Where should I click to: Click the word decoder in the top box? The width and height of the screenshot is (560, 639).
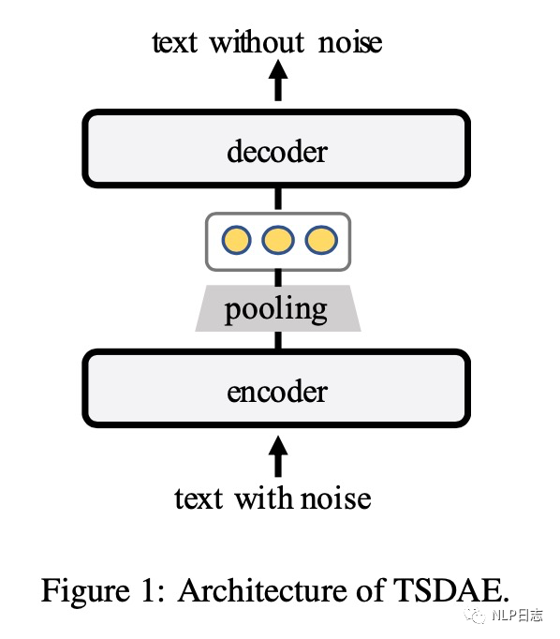pyautogui.click(x=277, y=151)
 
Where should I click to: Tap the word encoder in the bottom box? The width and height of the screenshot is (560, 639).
pyautogui.click(x=277, y=392)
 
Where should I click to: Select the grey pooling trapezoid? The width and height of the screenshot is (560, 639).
pyautogui.click(x=278, y=308)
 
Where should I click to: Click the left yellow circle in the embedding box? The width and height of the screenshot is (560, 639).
pyautogui.click(x=236, y=240)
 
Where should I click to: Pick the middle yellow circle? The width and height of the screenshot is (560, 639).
pyautogui.click(x=278, y=240)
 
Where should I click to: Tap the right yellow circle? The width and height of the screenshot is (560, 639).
pyautogui.click(x=321, y=240)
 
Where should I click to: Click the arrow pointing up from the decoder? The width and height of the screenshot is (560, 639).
pyautogui.click(x=278, y=81)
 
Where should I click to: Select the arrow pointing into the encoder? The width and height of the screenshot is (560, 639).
pyautogui.click(x=278, y=456)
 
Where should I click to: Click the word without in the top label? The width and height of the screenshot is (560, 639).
pyautogui.click(x=257, y=41)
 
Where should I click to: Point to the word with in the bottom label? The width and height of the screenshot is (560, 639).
pyautogui.click(x=266, y=498)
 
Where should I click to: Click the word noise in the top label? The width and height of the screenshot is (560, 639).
pyautogui.click(x=350, y=42)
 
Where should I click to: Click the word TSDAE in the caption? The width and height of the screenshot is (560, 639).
pyautogui.click(x=450, y=590)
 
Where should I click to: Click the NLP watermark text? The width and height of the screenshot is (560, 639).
pyautogui.click(x=517, y=615)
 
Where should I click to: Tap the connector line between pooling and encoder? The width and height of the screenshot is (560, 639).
pyautogui.click(x=278, y=341)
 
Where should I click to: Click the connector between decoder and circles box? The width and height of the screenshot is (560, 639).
pyautogui.click(x=278, y=200)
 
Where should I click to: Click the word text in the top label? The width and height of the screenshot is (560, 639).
pyautogui.click(x=175, y=42)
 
